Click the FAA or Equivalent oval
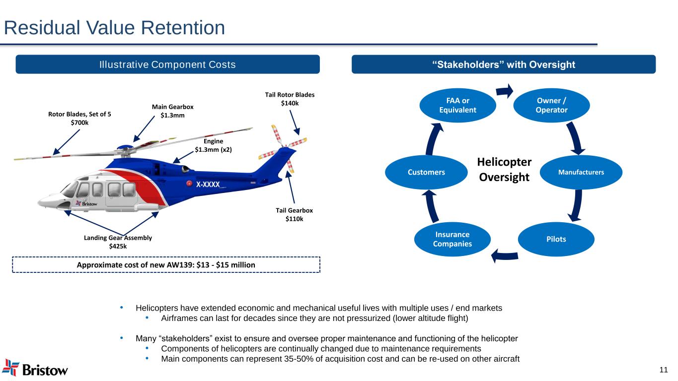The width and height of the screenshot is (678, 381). click(x=457, y=105)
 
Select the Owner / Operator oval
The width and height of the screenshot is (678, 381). click(x=551, y=105)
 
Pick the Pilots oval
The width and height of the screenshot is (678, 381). click(x=556, y=239)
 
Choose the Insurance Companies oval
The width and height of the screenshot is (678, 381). click(x=452, y=239)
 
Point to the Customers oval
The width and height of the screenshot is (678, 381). click(x=426, y=172)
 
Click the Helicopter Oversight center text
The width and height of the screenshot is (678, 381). click(x=504, y=170)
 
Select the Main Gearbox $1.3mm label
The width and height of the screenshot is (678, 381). click(x=172, y=111)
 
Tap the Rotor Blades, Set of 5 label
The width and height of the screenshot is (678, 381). click(x=79, y=118)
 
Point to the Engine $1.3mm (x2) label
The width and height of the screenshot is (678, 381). click(x=213, y=145)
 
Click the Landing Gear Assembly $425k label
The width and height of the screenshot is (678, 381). click(x=118, y=242)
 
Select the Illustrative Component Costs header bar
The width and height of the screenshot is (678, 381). click(x=167, y=64)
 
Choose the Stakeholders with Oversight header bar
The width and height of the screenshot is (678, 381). click(x=503, y=64)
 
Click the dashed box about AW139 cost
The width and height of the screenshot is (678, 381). click(x=166, y=265)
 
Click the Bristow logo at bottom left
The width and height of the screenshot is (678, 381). click(x=35, y=368)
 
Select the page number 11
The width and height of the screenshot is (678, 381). click(x=663, y=369)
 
